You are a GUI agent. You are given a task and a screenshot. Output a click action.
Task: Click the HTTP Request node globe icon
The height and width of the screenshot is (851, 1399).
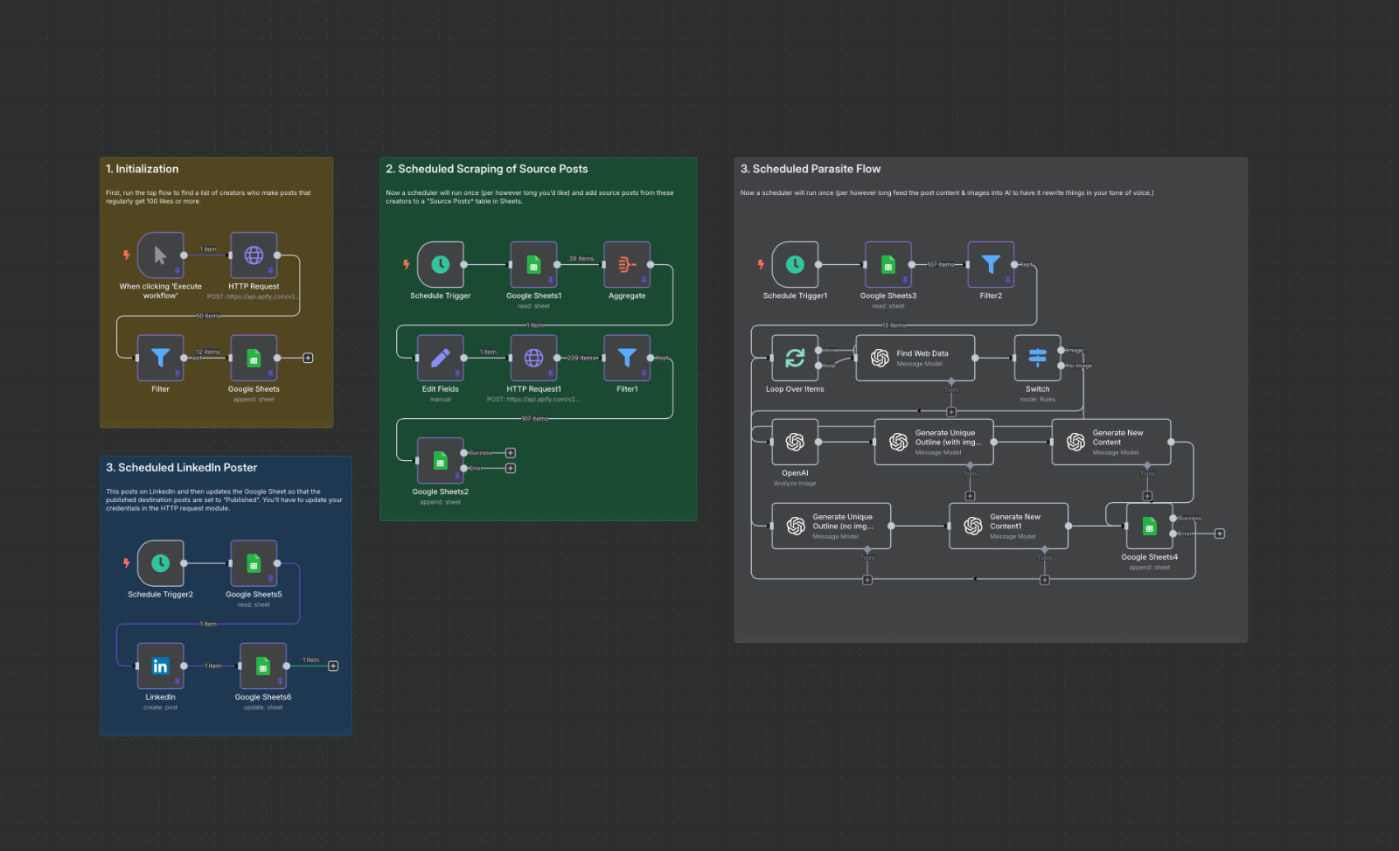254,255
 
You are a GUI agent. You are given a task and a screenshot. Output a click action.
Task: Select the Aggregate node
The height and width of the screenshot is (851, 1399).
627,264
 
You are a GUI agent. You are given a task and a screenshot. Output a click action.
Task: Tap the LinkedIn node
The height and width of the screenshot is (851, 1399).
160,666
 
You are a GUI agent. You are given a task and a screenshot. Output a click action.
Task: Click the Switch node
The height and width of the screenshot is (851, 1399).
1037,358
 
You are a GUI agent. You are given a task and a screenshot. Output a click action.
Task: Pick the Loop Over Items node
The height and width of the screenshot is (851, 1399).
795,358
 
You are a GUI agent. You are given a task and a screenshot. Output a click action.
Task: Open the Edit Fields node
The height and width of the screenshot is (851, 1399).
441,358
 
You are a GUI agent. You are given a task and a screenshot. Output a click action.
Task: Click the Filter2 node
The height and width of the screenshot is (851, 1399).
991,264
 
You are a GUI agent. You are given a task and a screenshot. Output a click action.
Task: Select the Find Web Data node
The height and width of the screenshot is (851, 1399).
915,358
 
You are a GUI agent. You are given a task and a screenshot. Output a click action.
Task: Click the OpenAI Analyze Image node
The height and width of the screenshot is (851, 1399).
795,442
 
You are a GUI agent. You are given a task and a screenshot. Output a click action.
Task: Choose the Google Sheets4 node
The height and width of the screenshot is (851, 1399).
1149,526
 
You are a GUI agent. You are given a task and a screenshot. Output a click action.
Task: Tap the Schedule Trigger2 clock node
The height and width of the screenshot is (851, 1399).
160,563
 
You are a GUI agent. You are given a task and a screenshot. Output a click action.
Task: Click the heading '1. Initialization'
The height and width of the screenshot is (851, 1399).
142,169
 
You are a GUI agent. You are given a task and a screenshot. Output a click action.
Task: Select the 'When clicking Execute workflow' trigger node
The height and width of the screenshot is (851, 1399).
160,255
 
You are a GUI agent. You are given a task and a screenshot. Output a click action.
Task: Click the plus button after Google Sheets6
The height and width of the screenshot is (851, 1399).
333,666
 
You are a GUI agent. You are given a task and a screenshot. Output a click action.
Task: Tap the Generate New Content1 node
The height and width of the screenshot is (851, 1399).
1008,526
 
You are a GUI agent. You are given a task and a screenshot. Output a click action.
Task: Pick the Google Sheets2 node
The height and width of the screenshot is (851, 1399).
441,461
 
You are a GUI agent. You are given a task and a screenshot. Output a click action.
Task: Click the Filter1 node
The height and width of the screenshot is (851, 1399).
627,358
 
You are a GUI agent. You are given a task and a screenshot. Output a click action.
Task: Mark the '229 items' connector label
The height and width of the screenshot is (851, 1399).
582,358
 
